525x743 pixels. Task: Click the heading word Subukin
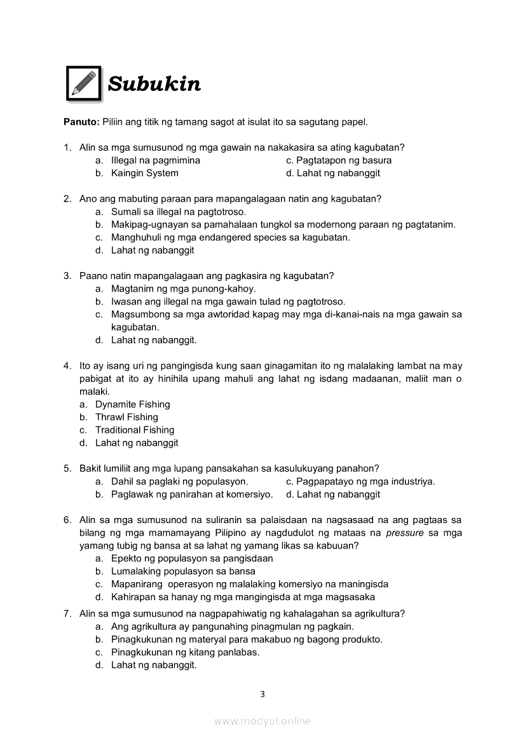click(154, 84)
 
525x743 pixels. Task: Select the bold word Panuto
click(81, 121)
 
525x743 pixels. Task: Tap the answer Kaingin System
click(144, 173)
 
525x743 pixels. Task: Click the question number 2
click(67, 198)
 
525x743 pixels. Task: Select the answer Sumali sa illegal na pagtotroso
click(178, 212)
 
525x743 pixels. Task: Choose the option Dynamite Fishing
click(132, 404)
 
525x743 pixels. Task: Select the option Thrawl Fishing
click(126, 417)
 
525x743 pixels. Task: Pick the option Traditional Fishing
click(134, 430)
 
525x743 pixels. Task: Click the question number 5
click(67, 468)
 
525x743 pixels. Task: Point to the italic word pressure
click(404, 533)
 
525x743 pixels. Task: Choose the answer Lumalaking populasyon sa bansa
click(183, 571)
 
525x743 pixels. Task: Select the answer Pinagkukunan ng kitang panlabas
click(185, 652)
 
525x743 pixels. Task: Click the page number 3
click(262, 694)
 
